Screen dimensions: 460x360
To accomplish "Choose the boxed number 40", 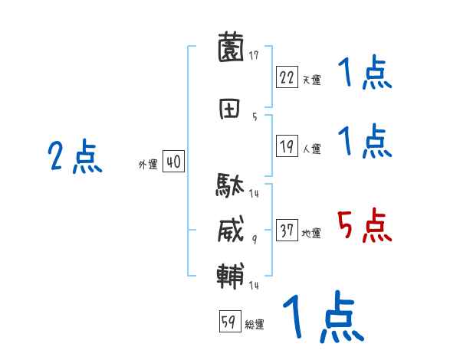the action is (x=173, y=162).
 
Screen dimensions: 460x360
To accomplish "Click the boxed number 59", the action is (x=228, y=322).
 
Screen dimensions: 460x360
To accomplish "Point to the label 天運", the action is (x=311, y=80).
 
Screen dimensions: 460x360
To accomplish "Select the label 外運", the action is (x=148, y=165).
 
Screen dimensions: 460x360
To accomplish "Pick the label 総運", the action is (x=255, y=325).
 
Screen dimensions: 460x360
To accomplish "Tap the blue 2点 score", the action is (x=74, y=159).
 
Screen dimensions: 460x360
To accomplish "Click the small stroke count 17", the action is (x=254, y=54).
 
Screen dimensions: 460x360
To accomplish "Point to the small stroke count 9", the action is (x=254, y=239).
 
